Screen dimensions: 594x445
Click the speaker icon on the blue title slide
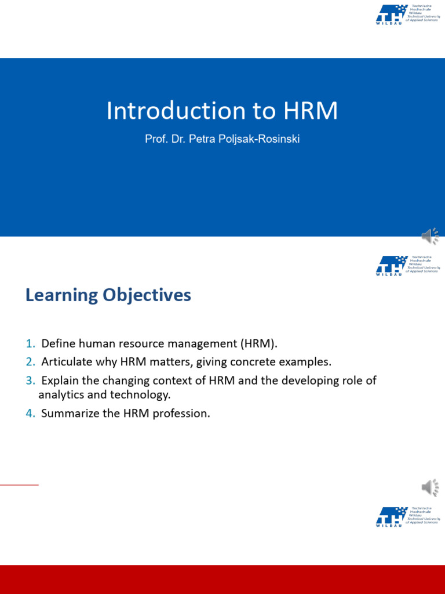pos(429,237)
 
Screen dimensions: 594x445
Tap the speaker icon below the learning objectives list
pos(429,488)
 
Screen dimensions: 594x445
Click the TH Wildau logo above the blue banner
pos(407,15)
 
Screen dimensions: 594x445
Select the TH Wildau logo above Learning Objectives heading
pos(407,265)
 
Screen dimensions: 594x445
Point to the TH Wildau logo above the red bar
pos(407,516)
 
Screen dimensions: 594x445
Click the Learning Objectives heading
pos(108,295)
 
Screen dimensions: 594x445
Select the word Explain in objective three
pos(60,381)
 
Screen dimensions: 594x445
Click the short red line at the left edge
pos(19,484)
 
